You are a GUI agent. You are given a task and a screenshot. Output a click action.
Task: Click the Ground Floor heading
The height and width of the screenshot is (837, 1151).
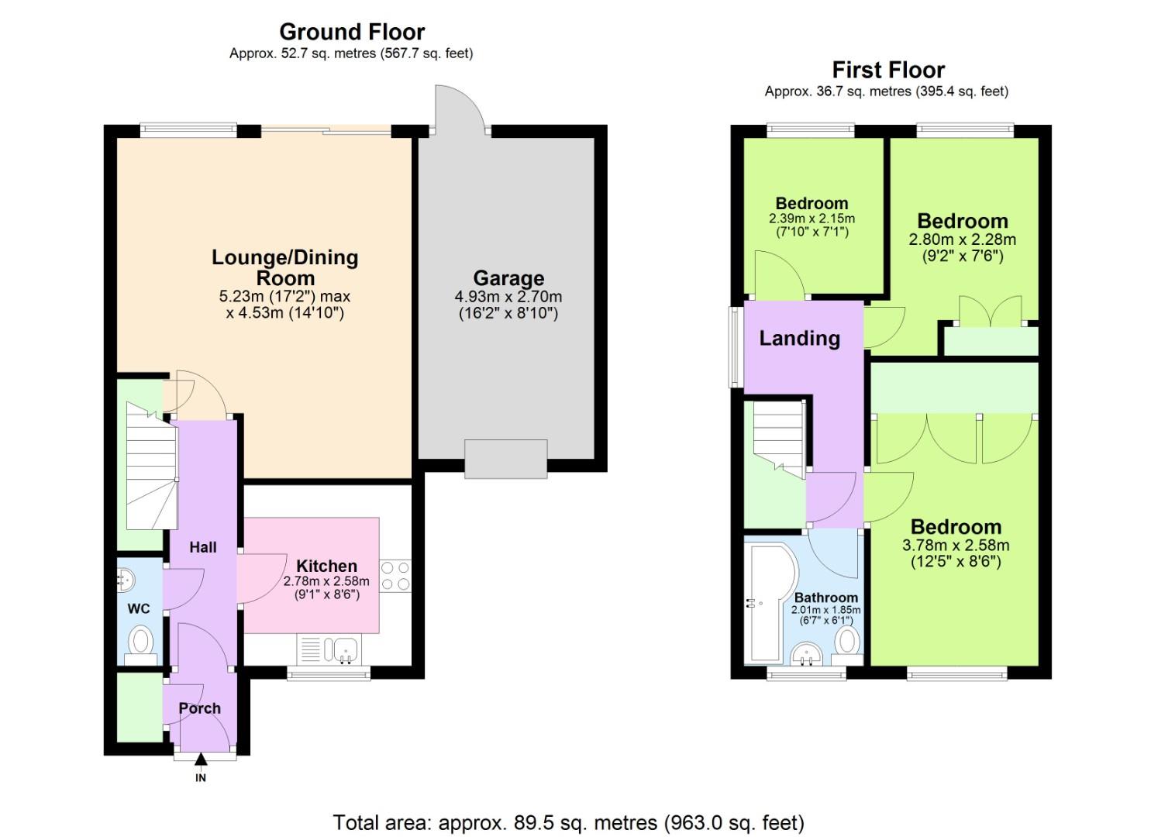point(352,32)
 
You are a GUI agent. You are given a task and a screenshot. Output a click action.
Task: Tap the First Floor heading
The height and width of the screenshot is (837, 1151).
point(888,70)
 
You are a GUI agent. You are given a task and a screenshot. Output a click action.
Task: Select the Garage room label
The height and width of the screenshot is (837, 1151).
point(508,277)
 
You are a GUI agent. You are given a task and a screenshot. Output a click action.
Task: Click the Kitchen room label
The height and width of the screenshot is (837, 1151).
point(326,566)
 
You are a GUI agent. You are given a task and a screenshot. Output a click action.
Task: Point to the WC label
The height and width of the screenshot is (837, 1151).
point(139,608)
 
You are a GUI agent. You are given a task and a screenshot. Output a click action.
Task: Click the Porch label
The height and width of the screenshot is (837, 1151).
point(199,708)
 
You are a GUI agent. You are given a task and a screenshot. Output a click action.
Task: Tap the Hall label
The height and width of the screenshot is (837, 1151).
point(203,547)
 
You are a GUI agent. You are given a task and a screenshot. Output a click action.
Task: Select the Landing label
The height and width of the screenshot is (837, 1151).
point(799,338)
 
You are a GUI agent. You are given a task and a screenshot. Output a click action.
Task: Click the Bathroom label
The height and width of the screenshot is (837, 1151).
point(825,598)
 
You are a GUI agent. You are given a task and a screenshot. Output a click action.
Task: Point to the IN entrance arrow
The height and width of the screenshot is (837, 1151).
point(201,763)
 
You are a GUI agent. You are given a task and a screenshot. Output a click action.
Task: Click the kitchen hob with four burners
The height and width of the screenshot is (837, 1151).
point(395,577)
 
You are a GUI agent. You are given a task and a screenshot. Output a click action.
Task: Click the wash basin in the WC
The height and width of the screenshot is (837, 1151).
point(125,577)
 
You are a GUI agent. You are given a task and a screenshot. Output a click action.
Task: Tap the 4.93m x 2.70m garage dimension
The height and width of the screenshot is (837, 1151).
point(508,296)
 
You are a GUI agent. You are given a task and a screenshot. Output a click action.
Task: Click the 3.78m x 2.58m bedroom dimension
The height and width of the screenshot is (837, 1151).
point(956,545)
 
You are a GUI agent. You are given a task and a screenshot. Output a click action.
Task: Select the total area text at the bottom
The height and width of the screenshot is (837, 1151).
point(568,822)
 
